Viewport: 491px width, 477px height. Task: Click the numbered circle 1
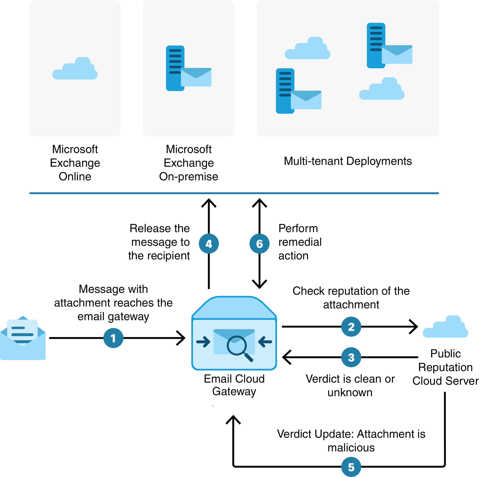pyautogui.click(x=113, y=338)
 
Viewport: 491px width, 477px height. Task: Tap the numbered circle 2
pyautogui.click(x=351, y=327)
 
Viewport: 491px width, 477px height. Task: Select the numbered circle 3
pyautogui.click(x=351, y=357)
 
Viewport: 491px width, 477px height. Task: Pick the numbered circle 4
pyautogui.click(x=209, y=244)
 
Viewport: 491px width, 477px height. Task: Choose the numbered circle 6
pyautogui.click(x=259, y=244)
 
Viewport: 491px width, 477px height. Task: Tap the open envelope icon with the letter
pyautogui.click(x=23, y=338)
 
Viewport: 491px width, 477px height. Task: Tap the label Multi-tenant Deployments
pyautogui.click(x=348, y=161)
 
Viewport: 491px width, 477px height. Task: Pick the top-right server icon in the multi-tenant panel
pyautogui.click(x=376, y=46)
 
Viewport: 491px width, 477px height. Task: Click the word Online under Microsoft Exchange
pyautogui.click(x=75, y=176)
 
